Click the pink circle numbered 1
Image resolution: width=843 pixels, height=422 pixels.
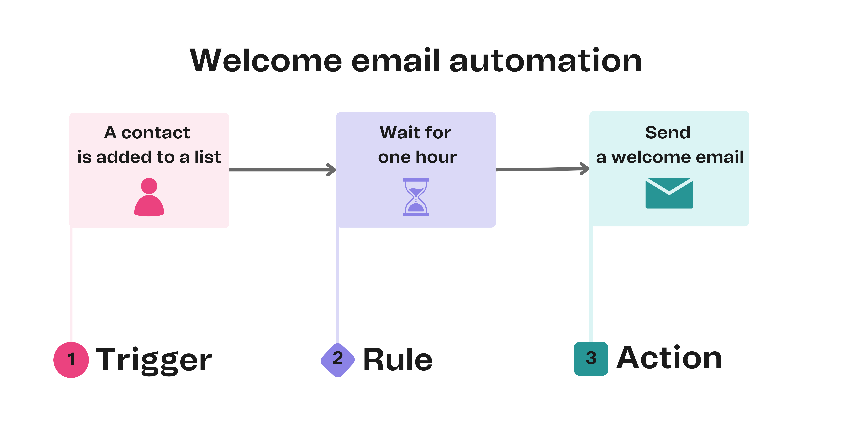[71, 359]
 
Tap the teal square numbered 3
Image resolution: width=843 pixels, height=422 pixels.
[591, 358]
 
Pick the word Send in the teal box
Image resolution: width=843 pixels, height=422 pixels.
[668, 133]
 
